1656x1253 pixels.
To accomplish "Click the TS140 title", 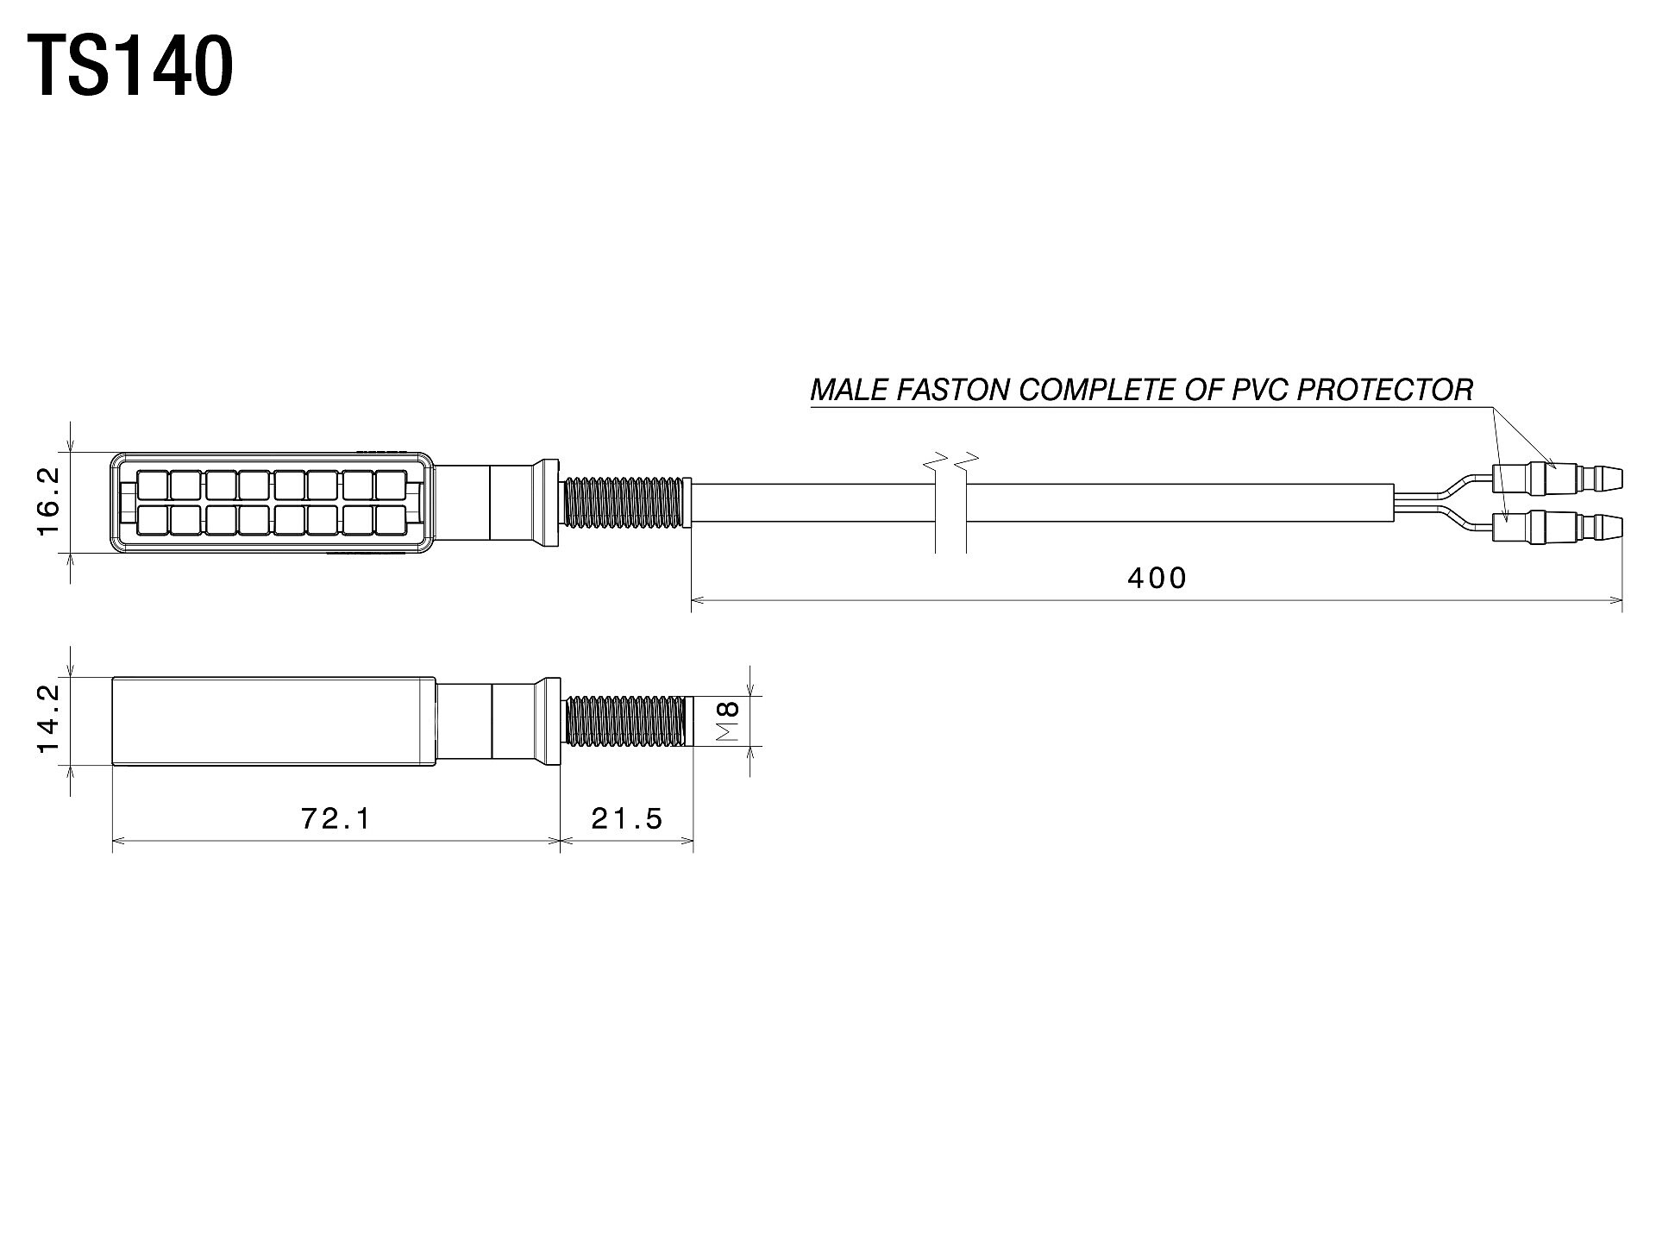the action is pyautogui.click(x=130, y=66).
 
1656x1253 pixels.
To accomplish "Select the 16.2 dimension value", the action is pyautogui.click(x=48, y=501).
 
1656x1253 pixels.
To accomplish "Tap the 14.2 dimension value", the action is pyautogui.click(x=48, y=719).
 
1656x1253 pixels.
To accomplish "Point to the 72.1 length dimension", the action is pyautogui.click(x=336, y=818).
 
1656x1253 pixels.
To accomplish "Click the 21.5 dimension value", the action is pyautogui.click(x=627, y=818).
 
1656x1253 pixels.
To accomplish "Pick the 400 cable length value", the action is pyautogui.click(x=1157, y=577).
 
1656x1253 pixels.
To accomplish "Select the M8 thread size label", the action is pyautogui.click(x=729, y=721).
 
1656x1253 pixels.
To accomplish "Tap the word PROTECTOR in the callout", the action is pyautogui.click(x=1386, y=391).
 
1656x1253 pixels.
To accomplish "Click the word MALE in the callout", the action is pyautogui.click(x=850, y=391).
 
